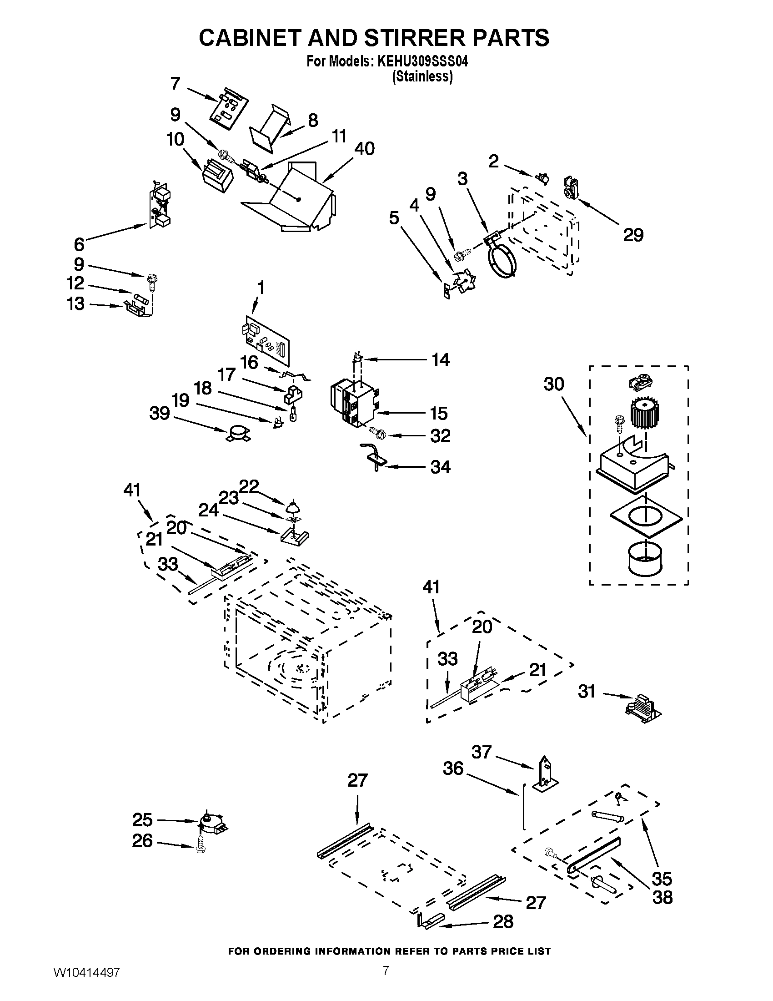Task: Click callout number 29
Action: point(633,235)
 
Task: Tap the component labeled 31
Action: point(642,708)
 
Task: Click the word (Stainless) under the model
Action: point(422,76)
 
